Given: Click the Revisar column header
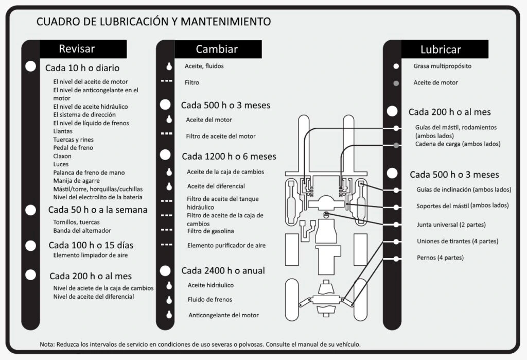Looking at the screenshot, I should tap(77, 49).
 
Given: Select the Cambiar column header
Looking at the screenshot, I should tap(217, 49).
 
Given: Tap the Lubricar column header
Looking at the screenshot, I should tap(441, 49).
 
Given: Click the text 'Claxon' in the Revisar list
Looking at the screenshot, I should tap(62, 156).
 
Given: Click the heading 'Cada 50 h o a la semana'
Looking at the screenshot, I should tap(98, 210).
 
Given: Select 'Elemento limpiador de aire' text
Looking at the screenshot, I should tap(90, 255).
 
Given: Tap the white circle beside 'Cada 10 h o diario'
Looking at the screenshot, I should tap(31, 66).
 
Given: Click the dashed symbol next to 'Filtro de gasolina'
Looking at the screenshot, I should tap(166, 230).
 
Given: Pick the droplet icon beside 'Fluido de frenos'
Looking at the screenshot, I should tap(168, 300).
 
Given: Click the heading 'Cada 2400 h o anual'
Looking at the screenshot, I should tap(223, 270).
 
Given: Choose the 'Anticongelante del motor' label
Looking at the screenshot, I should tap(223, 315).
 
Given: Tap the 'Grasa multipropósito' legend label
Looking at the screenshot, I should tap(442, 66).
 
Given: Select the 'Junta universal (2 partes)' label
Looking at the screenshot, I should tap(451, 225).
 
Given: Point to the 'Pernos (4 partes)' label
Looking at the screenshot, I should tap(440, 258).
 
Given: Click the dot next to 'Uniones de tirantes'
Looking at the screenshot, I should tap(396, 242).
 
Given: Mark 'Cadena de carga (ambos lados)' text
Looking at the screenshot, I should tap(458, 144).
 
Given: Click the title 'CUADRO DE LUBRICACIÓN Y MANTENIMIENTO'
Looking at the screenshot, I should tap(153, 22).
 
